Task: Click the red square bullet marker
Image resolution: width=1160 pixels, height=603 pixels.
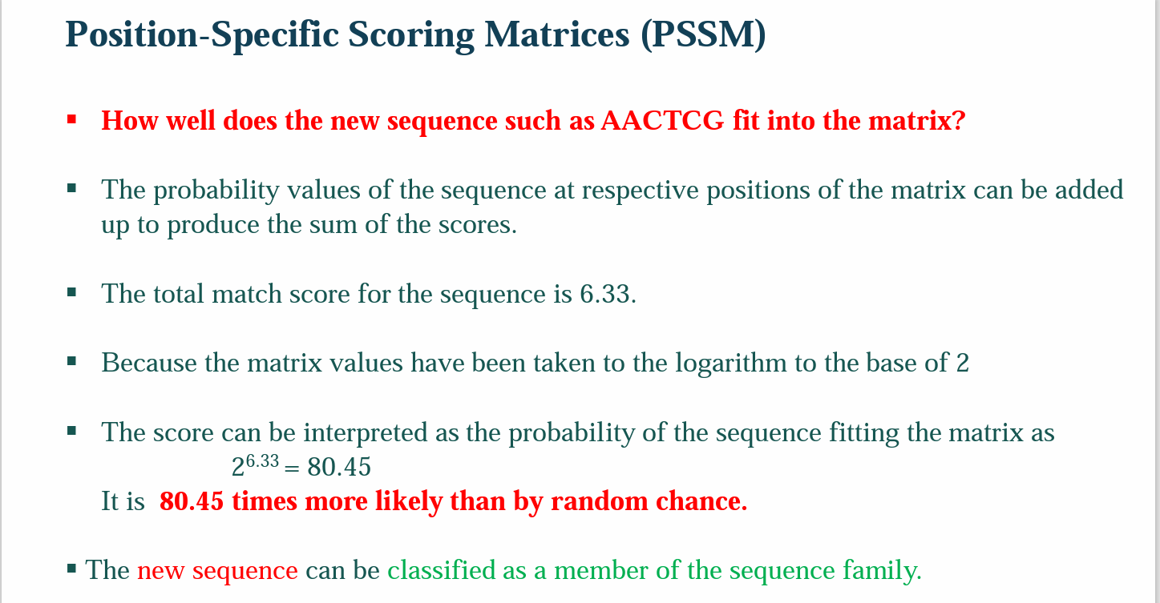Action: pos(72,119)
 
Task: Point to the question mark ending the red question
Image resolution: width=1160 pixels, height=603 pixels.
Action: pos(958,121)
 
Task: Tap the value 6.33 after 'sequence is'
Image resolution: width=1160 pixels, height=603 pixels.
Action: pos(607,294)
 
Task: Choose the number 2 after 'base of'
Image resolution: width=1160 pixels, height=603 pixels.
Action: pos(962,364)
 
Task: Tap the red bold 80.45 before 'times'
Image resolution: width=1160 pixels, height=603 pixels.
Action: pos(192,501)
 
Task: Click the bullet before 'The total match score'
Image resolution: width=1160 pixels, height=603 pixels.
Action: pos(72,292)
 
